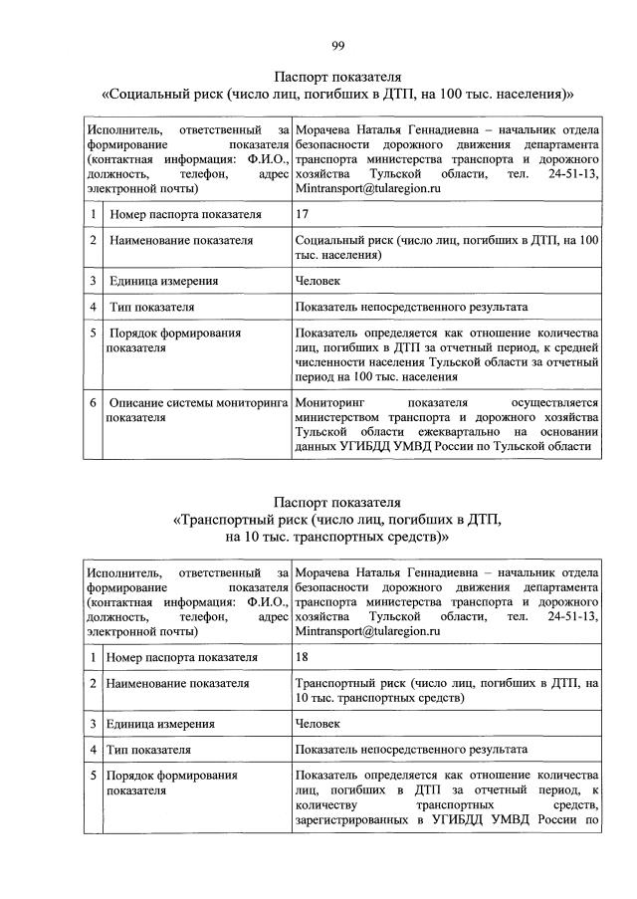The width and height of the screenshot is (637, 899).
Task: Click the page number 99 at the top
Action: pyautogui.click(x=338, y=45)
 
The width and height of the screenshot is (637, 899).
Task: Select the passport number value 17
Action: pyautogui.click(x=304, y=214)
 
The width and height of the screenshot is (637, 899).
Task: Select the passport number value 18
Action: pyautogui.click(x=304, y=657)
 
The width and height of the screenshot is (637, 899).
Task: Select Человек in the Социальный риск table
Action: pyautogui.click(x=319, y=282)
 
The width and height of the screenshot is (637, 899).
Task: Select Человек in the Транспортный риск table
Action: pyautogui.click(x=319, y=725)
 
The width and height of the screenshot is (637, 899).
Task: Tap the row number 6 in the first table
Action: pyautogui.click(x=92, y=402)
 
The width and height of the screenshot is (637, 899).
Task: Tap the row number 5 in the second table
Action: pyautogui.click(x=92, y=776)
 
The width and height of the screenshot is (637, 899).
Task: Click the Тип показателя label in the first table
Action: pyautogui.click(x=152, y=308)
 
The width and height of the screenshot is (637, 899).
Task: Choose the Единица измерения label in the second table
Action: pyautogui.click(x=162, y=725)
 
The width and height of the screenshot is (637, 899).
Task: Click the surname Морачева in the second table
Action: pyautogui.click(x=327, y=572)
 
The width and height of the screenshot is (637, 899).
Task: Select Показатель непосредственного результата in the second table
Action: pyautogui.click(x=411, y=750)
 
